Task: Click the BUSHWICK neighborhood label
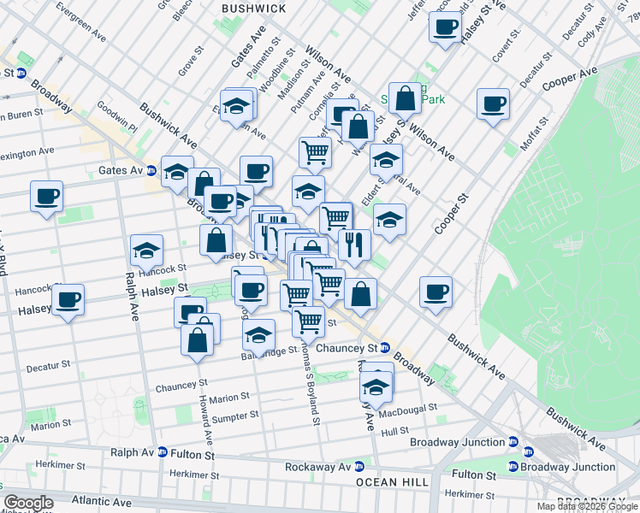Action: point(253,8)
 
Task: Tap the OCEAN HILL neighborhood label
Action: point(393,482)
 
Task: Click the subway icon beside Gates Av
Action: point(151,170)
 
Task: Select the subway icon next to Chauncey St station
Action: point(386,348)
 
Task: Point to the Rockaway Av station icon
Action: point(359,467)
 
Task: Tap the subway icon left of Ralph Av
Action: point(162,452)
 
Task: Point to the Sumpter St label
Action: point(234,416)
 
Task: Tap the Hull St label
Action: point(395,432)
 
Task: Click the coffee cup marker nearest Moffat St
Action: point(493,104)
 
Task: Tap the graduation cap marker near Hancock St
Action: point(147,251)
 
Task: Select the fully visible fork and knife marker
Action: point(353,244)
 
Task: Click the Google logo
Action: point(28,503)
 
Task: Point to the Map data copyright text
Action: point(586,506)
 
